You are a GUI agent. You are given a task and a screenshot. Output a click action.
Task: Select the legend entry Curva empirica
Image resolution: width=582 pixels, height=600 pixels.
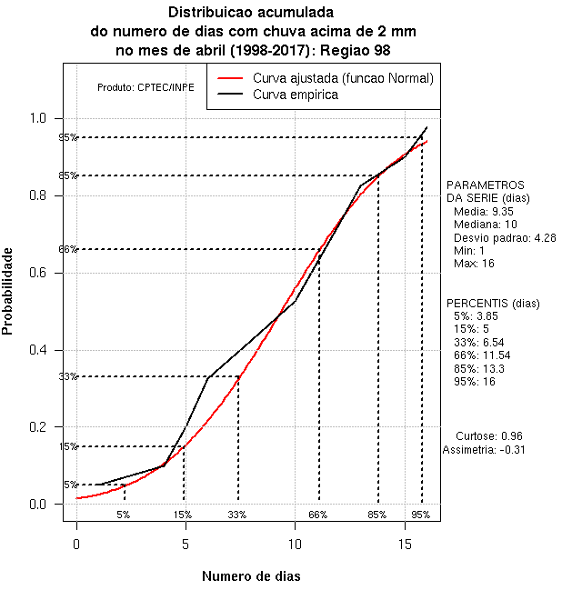tap(296, 94)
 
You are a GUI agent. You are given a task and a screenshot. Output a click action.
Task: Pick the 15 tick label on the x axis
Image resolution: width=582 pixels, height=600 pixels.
tap(405, 545)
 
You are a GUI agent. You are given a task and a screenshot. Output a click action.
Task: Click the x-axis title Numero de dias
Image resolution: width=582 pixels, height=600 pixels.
tap(251, 576)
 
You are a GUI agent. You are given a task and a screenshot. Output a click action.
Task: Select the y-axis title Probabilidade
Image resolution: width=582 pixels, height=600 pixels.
tap(8, 291)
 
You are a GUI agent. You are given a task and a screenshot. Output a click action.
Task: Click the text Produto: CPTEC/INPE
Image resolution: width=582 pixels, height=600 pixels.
tap(145, 87)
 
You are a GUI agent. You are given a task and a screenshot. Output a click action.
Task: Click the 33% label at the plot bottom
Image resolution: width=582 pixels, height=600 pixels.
tap(237, 515)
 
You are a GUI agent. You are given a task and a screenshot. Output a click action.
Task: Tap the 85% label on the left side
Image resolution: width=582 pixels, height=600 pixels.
tap(68, 175)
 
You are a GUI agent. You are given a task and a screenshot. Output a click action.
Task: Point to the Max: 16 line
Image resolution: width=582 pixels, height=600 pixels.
tap(474, 264)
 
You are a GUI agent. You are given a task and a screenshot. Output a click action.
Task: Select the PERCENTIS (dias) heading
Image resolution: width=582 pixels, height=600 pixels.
tap(492, 303)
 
